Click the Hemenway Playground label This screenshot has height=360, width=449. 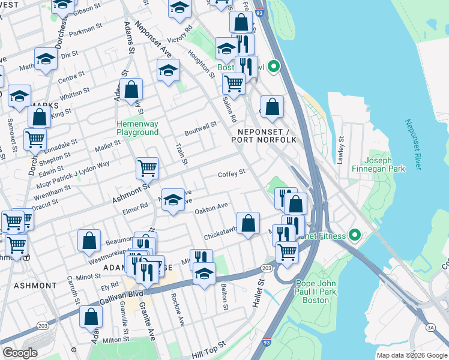click(x=137, y=128)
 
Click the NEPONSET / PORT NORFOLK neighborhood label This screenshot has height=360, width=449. click(x=264, y=136)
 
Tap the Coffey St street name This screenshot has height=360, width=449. click(x=232, y=173)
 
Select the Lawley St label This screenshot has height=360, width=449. click(x=341, y=149)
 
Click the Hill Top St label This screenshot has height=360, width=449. click(x=208, y=346)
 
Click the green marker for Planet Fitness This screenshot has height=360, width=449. click(x=354, y=235)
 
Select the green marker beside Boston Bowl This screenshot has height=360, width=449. click(x=274, y=67)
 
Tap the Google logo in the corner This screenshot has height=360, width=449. click(x=20, y=353)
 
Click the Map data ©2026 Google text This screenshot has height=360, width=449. click(x=411, y=355)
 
